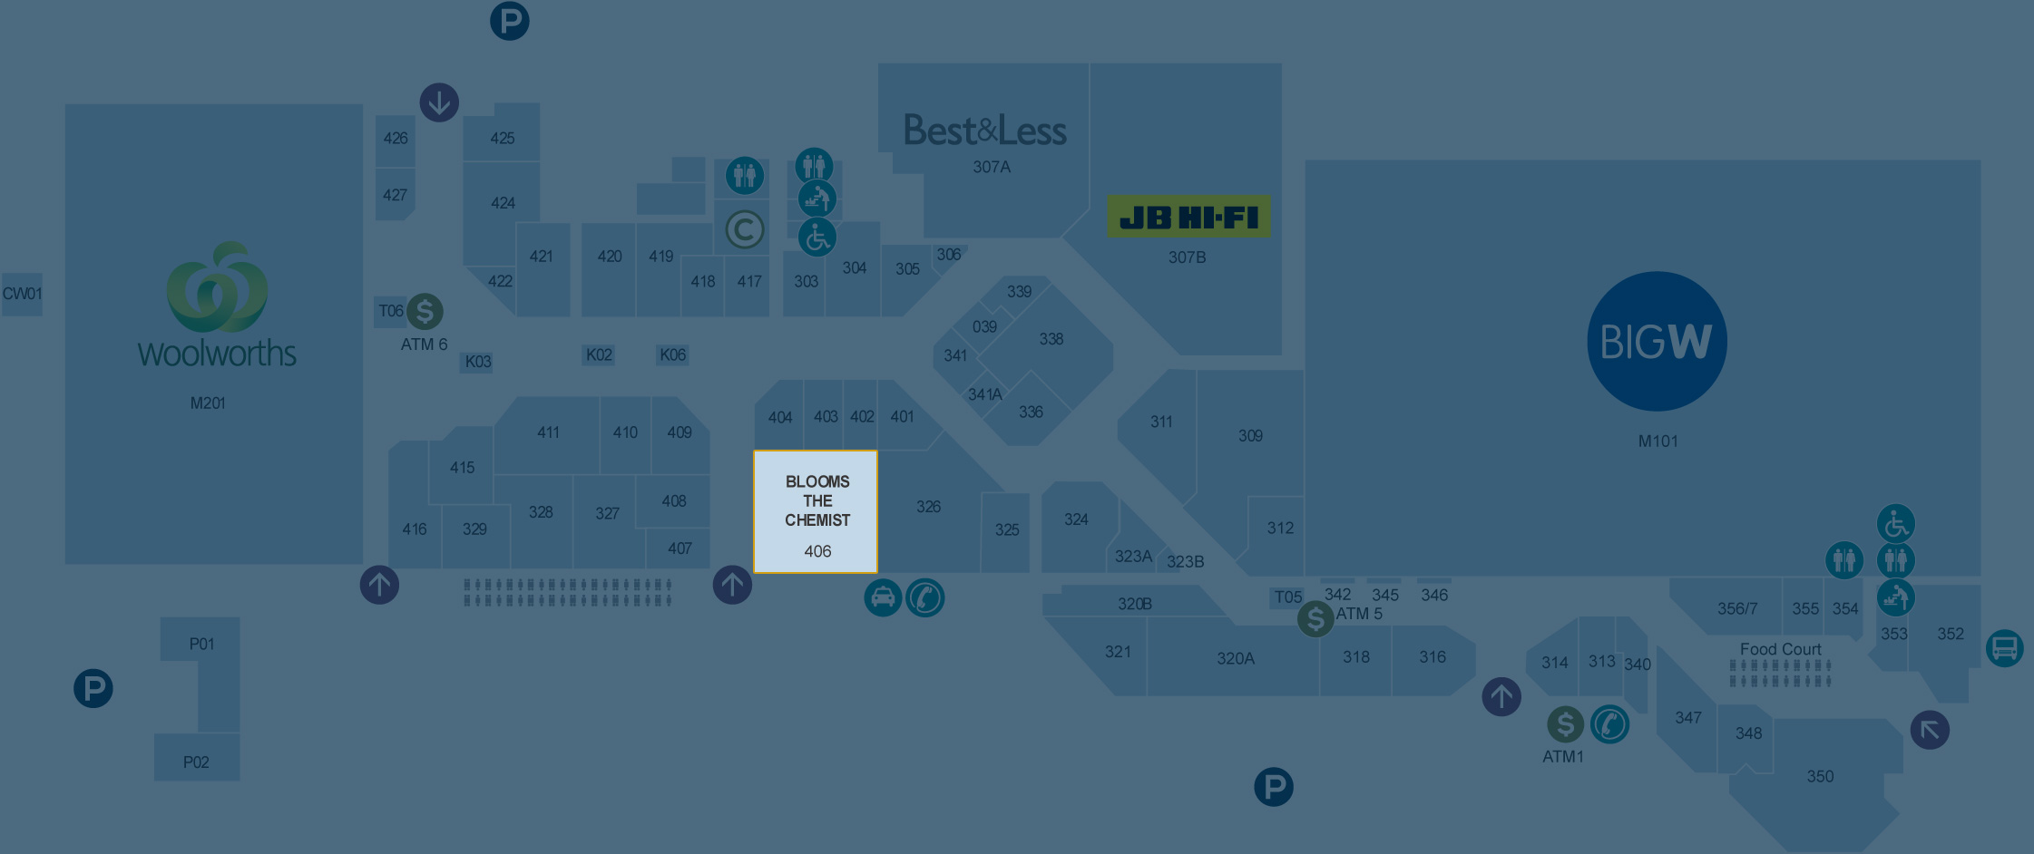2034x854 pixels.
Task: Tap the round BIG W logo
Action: coord(1657,341)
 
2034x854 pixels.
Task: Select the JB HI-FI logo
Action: coord(1188,218)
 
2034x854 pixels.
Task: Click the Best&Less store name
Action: coord(985,131)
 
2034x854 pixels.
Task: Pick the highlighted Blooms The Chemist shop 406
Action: coord(816,512)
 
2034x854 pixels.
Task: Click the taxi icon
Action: coord(883,597)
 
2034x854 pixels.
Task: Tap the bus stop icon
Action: coord(2004,648)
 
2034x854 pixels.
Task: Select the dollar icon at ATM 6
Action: coord(425,311)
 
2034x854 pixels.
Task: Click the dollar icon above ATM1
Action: coord(1565,724)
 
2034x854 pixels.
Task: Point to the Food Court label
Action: coord(1780,649)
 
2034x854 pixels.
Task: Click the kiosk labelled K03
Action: coord(478,362)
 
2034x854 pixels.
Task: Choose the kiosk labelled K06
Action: coord(672,354)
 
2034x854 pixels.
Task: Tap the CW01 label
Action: coord(23,294)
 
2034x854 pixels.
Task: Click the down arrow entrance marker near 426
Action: coord(439,102)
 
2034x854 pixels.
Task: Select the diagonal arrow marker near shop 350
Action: coord(1930,730)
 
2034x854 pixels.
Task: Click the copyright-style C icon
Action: coord(744,229)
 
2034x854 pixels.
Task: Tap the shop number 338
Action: coord(1051,339)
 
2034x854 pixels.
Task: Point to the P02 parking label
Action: coord(196,762)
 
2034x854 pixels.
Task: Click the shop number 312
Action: coord(1280,528)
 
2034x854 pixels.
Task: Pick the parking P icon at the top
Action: coord(510,21)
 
